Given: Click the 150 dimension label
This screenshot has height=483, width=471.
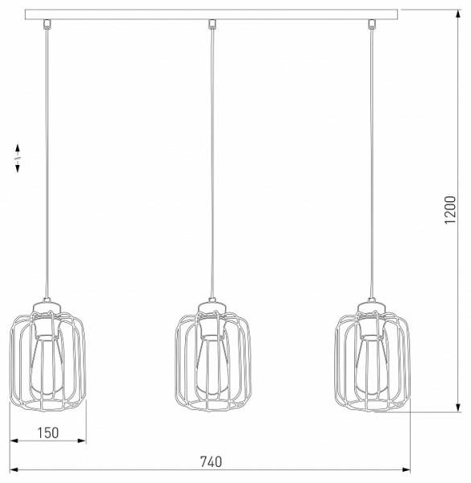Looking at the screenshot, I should point(48,433).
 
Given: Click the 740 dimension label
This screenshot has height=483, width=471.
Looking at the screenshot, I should point(209,462).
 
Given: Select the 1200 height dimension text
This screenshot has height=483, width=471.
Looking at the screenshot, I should point(452,213).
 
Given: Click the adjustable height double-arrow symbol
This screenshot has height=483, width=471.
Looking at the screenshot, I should point(18,158).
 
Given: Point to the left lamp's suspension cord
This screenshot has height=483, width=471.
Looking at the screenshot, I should point(49,161).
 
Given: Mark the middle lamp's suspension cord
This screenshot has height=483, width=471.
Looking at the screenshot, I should point(212,161).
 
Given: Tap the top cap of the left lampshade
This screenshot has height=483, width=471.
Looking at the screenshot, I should point(48,304).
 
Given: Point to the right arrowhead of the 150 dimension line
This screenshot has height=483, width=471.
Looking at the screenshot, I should point(83,441).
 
